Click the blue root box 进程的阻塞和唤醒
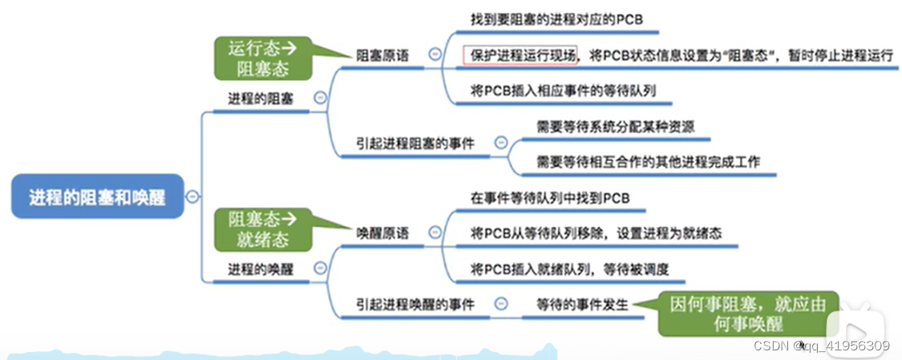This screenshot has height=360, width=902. (97, 196)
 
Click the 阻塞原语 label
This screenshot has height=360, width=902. (382, 56)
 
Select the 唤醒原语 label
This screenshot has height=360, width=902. (382, 233)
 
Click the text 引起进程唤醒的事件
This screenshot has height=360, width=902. (415, 304)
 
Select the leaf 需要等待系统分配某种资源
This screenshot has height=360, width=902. (616, 126)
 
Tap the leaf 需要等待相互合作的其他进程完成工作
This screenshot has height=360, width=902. (648, 161)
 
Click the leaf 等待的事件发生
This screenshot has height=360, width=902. (582, 304)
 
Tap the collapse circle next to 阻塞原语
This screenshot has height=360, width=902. (435, 55)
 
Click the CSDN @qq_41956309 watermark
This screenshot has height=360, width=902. (822, 346)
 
